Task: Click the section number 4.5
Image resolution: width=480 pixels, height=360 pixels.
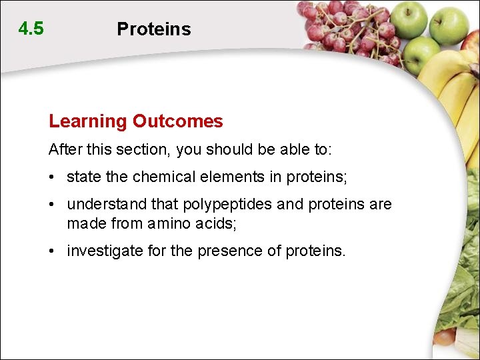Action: tap(31, 29)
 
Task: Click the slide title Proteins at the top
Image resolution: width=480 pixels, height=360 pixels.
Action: tap(153, 29)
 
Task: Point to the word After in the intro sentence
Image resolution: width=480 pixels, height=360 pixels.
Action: tap(64, 149)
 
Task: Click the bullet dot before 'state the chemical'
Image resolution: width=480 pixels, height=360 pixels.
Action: tap(52, 177)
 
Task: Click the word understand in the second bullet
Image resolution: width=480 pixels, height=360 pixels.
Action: tap(107, 205)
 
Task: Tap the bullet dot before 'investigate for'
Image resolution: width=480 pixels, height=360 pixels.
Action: tap(52, 252)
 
